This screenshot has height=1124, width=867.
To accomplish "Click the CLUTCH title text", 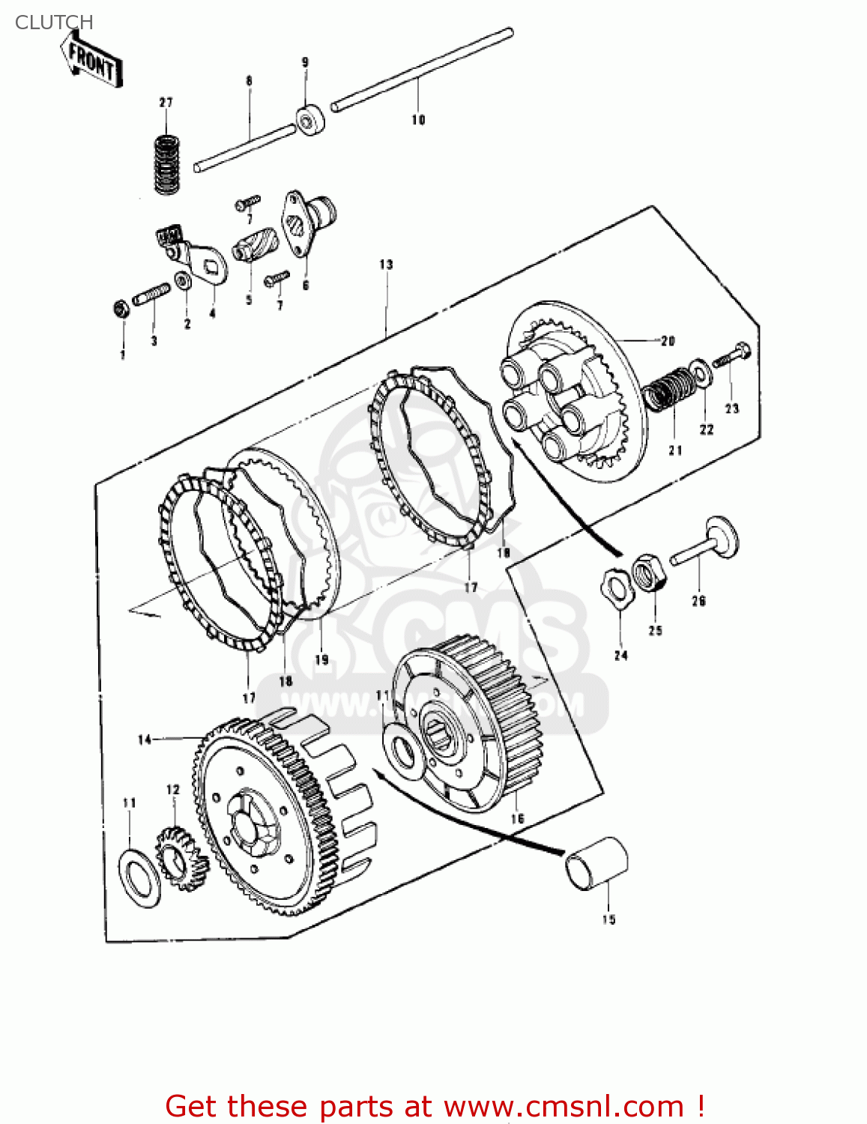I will [54, 22].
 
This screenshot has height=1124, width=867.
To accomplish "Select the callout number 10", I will [418, 120].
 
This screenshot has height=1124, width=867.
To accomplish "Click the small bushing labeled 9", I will [309, 121].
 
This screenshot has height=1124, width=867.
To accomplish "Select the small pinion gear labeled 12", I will [180, 858].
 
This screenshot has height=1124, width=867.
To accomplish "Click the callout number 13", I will [386, 265].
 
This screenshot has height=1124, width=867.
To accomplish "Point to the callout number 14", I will [145, 740].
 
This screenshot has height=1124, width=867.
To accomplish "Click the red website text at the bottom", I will [434, 1106].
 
